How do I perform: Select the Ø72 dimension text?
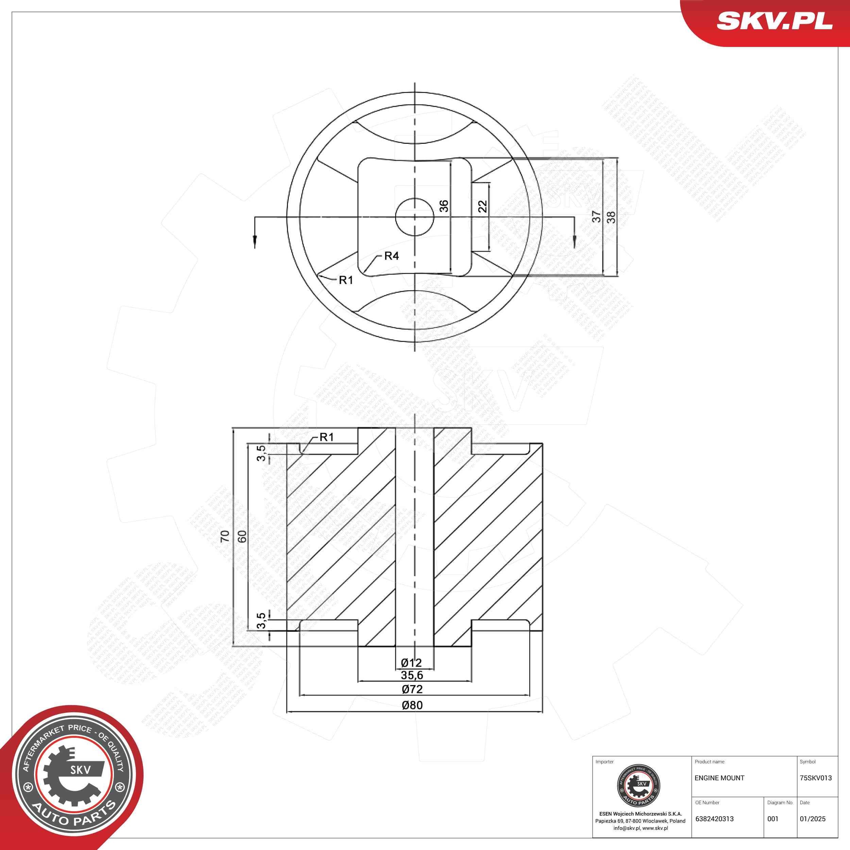point(412,689)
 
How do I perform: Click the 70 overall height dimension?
point(225,536)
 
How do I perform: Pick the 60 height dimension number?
point(241,536)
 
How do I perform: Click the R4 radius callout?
point(391,256)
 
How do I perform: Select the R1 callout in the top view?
point(346,280)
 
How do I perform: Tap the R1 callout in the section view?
point(326,437)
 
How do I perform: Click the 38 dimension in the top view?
point(611,217)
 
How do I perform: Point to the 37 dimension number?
point(596,217)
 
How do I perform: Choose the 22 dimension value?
point(483,206)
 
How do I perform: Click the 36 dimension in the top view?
point(444,206)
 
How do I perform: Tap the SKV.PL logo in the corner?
point(774,20)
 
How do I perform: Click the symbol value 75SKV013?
point(816,778)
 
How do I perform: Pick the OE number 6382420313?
point(714,819)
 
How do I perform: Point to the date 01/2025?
point(812,819)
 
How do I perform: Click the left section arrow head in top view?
point(255,241)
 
